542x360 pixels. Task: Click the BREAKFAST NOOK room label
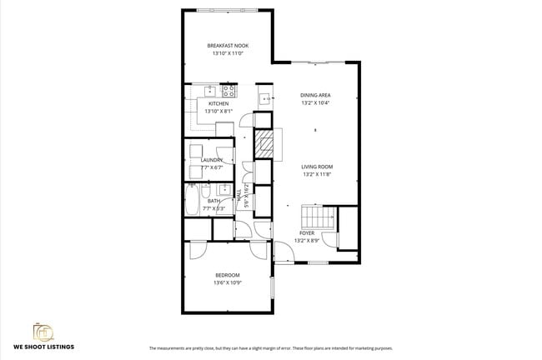click(x=228, y=45)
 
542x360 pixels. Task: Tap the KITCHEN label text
click(x=207, y=104)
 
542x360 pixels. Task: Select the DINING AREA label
click(x=315, y=95)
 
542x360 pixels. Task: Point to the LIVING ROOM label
click(x=317, y=167)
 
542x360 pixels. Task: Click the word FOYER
click(x=307, y=232)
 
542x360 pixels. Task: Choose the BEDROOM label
click(x=228, y=275)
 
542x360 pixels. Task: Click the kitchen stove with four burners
click(x=227, y=90)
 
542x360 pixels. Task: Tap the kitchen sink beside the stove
click(x=209, y=90)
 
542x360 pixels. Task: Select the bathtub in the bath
click(x=191, y=201)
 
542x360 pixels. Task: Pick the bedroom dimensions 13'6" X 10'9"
click(x=228, y=283)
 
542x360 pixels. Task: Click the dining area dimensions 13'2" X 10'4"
click(x=315, y=103)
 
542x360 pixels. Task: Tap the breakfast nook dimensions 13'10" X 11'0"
click(x=228, y=53)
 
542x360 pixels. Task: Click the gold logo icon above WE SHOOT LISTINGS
click(x=43, y=331)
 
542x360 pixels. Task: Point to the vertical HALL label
click(x=240, y=196)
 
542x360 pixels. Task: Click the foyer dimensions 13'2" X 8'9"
click(x=307, y=242)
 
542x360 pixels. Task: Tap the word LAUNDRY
click(x=212, y=160)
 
